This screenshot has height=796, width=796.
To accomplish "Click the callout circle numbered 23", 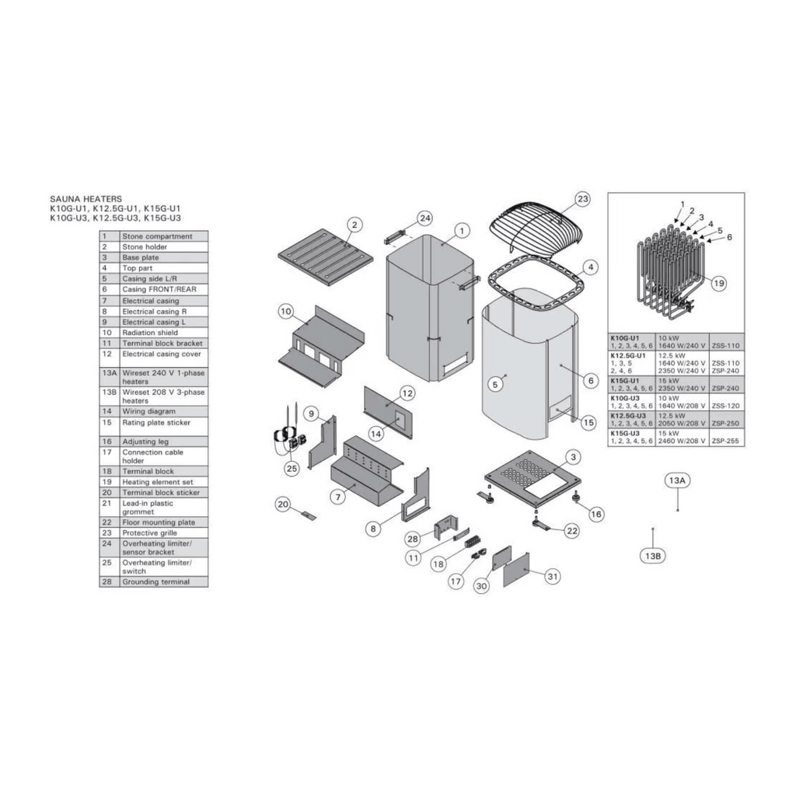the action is [582, 199].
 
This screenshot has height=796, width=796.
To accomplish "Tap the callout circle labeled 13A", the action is [677, 480].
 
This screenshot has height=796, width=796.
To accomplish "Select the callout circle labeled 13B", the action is [653, 556].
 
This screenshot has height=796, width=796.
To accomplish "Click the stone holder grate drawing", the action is [326, 253].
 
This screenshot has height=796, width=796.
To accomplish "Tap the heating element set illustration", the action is [670, 274].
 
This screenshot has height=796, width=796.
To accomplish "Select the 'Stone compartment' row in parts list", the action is [154, 236].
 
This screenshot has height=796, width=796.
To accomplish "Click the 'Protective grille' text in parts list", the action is [149, 533].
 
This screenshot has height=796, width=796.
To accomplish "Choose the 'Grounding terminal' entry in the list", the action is [155, 581].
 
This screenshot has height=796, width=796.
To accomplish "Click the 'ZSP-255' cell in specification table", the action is [725, 442].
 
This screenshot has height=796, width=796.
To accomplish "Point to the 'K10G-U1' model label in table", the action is [624, 337].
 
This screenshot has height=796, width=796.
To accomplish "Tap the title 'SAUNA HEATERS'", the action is [86, 199].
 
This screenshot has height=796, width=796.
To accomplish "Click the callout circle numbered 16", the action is [596, 515].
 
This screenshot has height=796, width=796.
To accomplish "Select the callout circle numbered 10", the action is [286, 311].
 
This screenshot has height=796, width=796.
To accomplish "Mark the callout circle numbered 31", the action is [553, 576].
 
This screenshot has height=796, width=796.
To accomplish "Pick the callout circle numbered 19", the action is [719, 283].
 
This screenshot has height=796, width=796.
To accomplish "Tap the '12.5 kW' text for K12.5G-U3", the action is [671, 416].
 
